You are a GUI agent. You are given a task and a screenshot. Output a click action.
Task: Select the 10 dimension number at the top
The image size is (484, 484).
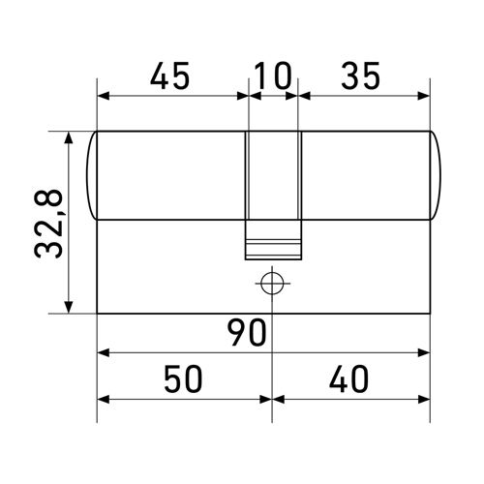point(273,75)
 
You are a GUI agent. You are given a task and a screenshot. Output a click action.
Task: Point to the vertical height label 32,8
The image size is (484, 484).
point(48,223)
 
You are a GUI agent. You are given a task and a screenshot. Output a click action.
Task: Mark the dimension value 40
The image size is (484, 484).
point(348,379)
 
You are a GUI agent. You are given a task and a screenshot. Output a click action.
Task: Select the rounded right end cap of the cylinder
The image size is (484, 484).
point(434,174)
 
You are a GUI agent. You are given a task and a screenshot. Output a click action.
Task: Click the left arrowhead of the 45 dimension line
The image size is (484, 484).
point(104,96)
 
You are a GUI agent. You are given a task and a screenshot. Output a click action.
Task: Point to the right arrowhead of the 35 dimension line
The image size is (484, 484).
point(423,96)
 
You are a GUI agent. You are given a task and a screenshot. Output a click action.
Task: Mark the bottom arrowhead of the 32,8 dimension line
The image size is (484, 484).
point(69,307)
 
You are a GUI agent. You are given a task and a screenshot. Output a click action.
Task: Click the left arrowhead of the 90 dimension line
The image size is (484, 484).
point(104,352)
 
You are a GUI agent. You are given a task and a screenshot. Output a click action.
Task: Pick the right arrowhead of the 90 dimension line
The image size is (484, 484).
point(423,352)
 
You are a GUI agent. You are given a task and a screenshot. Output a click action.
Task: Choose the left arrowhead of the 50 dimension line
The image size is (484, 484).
point(104,399)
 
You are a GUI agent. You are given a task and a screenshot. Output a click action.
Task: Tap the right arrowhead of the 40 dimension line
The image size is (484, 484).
point(423,399)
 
